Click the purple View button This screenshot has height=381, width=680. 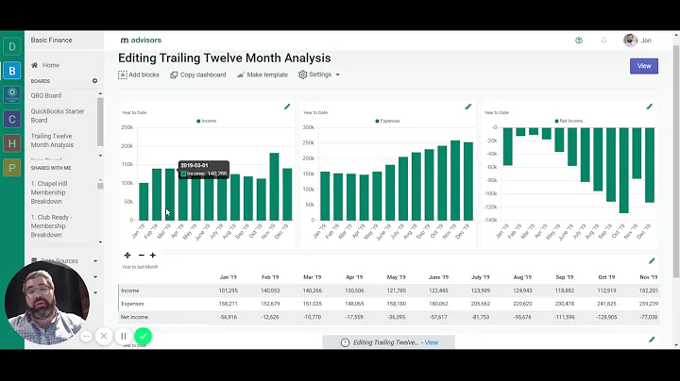[x=643, y=66]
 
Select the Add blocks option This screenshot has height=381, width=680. [x=139, y=75]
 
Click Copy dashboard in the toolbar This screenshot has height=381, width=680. [x=198, y=75]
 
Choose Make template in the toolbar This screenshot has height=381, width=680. [x=263, y=75]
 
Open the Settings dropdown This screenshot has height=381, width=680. [x=319, y=75]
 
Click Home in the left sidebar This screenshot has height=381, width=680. [x=50, y=65]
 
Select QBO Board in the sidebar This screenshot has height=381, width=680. [x=46, y=95]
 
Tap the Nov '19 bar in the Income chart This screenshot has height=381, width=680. [x=274, y=187]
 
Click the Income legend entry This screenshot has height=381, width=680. [x=207, y=121]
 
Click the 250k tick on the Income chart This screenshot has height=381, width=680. [x=127, y=127]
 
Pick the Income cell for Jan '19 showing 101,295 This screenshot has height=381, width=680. [x=227, y=290]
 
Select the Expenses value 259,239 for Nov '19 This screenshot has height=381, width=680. [x=648, y=304]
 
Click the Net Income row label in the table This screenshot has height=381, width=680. [x=134, y=317]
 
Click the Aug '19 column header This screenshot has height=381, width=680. [x=522, y=277]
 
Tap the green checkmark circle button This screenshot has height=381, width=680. [x=143, y=336]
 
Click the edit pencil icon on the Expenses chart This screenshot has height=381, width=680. [x=468, y=107]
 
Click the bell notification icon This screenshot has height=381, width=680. [x=603, y=41]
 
